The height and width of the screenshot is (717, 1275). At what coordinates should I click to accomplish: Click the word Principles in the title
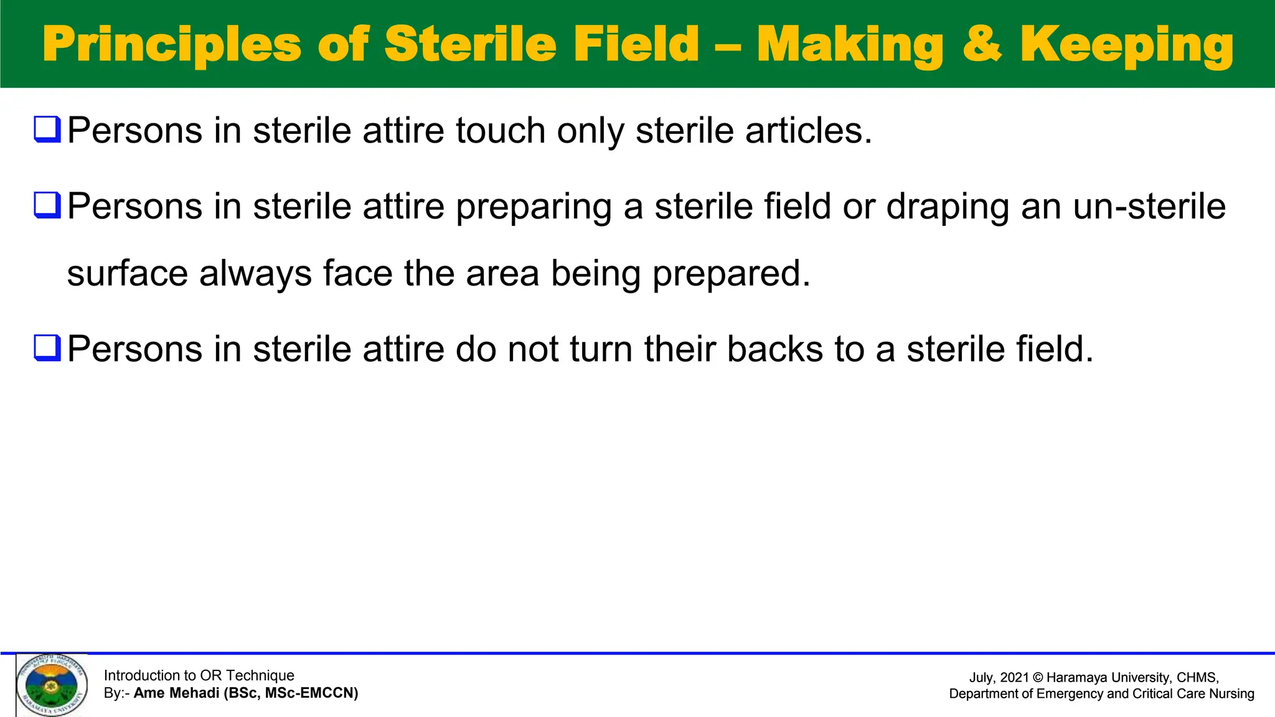click(x=172, y=45)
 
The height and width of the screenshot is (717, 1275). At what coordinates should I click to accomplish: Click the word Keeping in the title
click(x=1127, y=45)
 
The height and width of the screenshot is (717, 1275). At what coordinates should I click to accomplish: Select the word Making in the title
click(x=850, y=45)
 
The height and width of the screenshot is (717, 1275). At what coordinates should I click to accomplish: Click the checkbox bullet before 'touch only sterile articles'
click(x=47, y=129)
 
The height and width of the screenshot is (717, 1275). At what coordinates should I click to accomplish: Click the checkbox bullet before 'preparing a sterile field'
click(x=47, y=205)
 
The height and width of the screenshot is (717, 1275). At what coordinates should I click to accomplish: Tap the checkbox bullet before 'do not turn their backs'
click(x=47, y=348)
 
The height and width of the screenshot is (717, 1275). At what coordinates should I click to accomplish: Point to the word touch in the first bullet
click(x=501, y=131)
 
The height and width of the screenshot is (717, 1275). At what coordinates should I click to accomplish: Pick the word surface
click(x=127, y=274)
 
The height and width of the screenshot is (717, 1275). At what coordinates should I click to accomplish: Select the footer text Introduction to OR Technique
click(x=199, y=675)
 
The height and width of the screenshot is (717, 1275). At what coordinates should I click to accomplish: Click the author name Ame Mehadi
click(x=176, y=693)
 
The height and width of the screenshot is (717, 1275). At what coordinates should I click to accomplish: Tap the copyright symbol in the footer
click(x=1037, y=678)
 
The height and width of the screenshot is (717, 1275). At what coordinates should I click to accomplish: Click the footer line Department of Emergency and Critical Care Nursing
click(x=1101, y=693)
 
